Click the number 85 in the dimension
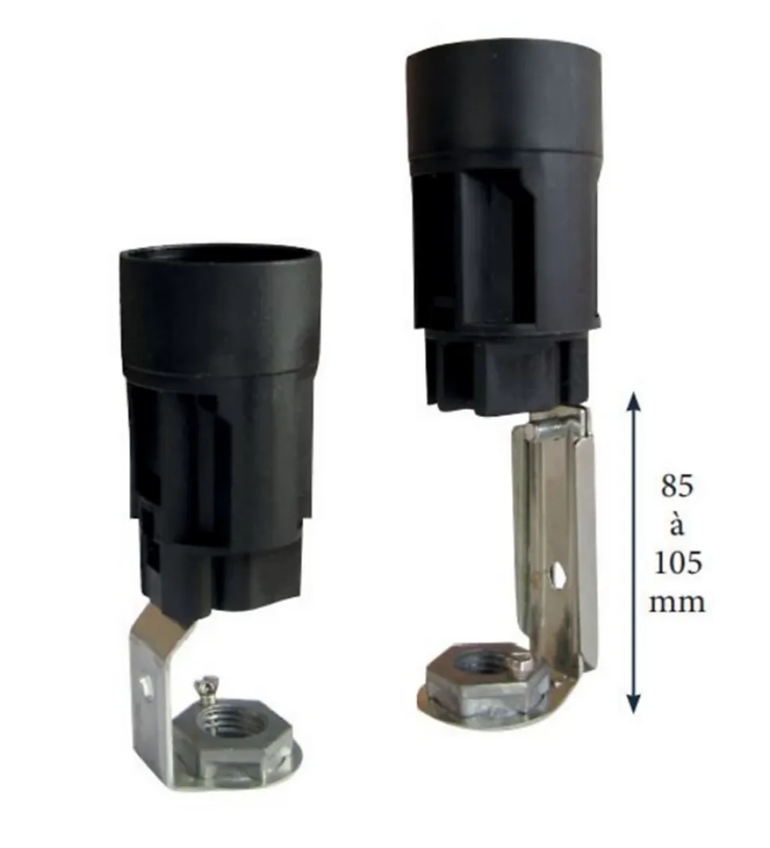point(677,487)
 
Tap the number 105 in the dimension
point(677,562)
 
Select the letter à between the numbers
point(676,523)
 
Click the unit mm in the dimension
point(677,601)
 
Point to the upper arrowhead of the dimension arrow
point(634,400)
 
